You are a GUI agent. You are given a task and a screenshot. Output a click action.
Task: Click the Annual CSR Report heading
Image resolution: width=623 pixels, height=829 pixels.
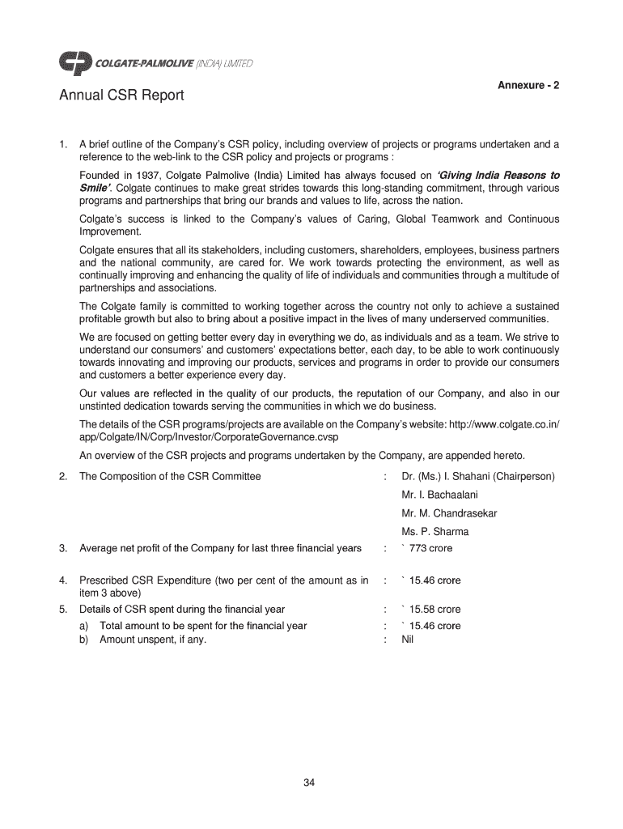pos(121,96)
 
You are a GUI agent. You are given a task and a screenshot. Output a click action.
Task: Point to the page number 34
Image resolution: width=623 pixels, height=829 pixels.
pos(309,782)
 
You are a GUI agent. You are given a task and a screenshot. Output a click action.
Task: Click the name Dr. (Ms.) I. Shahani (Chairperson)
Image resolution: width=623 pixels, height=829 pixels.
pos(477,476)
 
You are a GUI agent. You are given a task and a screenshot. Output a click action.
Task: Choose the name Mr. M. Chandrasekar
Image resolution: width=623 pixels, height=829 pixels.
pos(449,513)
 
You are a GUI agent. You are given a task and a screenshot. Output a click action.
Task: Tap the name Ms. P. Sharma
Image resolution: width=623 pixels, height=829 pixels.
pos(434,532)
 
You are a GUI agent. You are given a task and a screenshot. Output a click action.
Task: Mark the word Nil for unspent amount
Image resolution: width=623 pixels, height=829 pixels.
pos(408,639)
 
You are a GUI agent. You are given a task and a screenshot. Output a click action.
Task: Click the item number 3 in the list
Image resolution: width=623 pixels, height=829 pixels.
pos(62,548)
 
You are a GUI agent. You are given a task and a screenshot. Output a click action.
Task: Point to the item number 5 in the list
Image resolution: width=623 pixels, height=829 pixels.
pos(62,609)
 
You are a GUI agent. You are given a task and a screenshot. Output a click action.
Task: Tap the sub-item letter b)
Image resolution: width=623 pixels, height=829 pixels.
pos(85,639)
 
